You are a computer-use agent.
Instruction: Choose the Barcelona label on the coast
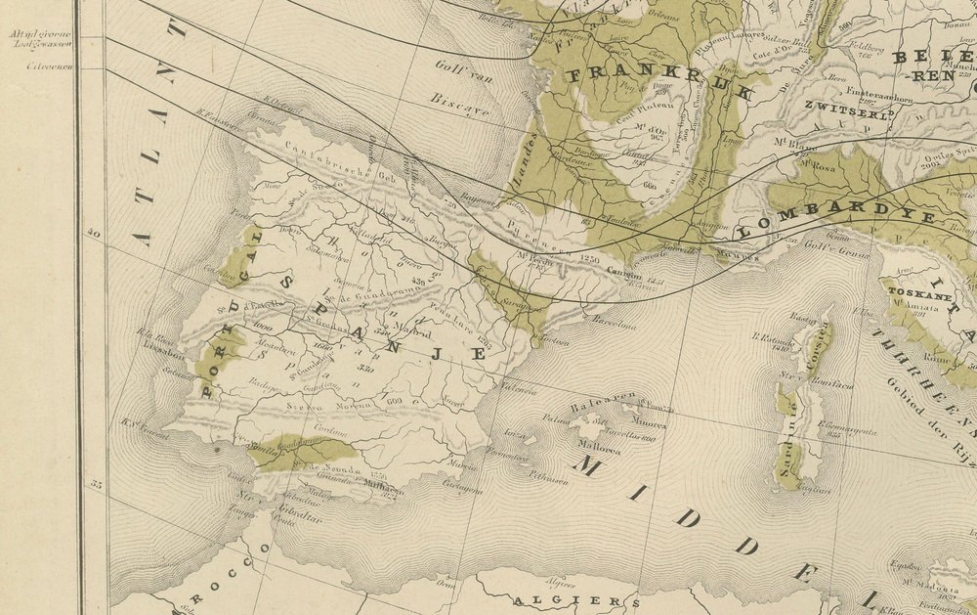click(x=613, y=326)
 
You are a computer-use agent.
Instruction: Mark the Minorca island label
click(x=648, y=424)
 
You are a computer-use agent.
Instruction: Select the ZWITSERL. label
click(x=850, y=110)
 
